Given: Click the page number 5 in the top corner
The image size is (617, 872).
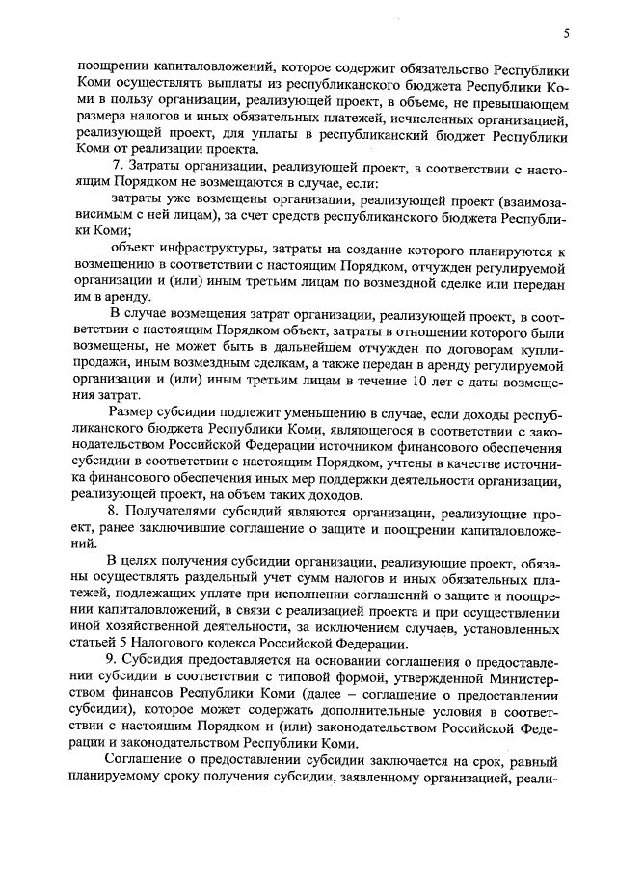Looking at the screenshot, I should tap(567, 35).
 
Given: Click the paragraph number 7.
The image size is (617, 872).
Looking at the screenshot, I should tap(115, 170).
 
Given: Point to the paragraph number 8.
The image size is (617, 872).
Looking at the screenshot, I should tap(114, 511).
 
